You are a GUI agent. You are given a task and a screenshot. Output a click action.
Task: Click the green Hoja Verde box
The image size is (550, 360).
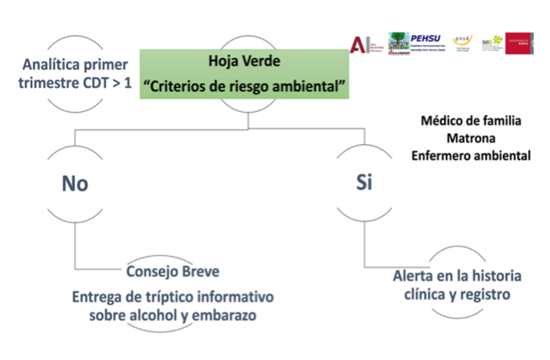coord(245,74)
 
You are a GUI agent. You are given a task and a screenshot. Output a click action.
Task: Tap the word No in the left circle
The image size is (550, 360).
coord(75,183)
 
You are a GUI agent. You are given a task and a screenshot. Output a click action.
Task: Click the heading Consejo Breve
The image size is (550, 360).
coord(173,272)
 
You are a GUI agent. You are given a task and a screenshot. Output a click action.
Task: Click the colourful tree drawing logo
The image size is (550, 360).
coord(401,44)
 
